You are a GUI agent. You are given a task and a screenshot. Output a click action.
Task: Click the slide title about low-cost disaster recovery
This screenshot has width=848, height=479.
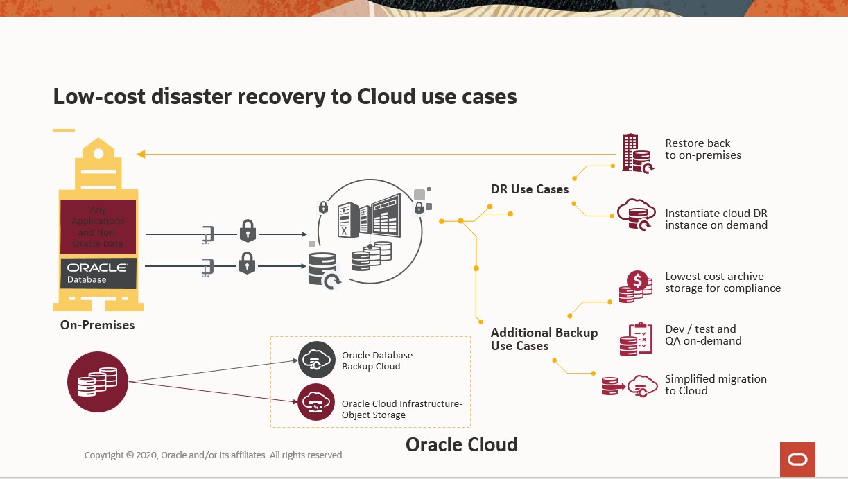pos(285,96)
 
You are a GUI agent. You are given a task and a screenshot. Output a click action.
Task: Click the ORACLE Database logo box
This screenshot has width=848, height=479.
pos(97,272)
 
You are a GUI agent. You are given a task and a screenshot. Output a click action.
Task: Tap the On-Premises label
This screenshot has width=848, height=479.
pos(97,324)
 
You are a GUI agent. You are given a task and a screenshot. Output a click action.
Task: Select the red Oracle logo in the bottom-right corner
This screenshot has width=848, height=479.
pos(797,460)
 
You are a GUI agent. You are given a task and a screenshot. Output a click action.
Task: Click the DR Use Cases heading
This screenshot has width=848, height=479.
pos(529,189)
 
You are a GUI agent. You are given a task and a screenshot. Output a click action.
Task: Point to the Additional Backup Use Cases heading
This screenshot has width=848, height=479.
pos(544,339)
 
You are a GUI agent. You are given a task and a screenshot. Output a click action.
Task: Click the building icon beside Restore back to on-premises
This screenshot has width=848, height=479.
pos(636,153)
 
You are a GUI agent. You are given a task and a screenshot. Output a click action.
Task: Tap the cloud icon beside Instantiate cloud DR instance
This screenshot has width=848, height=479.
pos(636,214)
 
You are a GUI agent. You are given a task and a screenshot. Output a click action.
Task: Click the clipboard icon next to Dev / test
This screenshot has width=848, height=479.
pos(636,340)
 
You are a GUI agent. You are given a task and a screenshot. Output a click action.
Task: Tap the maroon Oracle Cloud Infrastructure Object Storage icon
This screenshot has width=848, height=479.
pos(316,403)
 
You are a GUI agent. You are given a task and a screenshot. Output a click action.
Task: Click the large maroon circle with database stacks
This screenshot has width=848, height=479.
pos(98,381)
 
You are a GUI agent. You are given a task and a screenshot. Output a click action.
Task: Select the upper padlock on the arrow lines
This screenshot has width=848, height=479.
pos(248,232)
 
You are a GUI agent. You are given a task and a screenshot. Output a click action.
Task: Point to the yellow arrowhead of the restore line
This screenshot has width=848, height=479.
pos(141,154)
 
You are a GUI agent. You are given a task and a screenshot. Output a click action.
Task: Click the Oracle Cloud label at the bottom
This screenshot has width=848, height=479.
pos(461,444)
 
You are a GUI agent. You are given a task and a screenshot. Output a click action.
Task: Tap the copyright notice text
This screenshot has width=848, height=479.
pos(214,455)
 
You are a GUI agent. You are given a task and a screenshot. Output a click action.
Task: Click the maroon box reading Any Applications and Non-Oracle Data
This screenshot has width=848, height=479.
pos(97,227)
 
